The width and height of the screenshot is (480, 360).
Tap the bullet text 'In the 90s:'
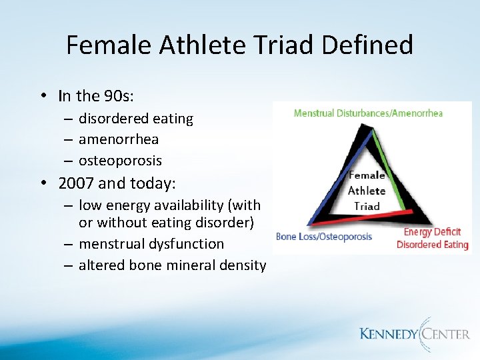tap(96, 96)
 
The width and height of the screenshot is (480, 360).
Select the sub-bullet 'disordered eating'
tap(135, 119)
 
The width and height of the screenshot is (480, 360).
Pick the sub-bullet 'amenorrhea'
tap(118, 139)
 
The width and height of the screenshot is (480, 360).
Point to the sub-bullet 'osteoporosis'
tap(120, 161)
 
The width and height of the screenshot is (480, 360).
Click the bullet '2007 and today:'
tap(116, 183)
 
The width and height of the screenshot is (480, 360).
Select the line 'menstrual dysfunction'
tap(151, 244)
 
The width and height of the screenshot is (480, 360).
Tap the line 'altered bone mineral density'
tap(172, 265)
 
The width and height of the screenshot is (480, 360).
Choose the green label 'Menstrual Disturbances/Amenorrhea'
tap(368, 113)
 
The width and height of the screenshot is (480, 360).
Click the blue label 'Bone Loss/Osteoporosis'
tap(324, 237)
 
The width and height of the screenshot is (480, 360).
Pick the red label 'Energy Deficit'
tap(432, 232)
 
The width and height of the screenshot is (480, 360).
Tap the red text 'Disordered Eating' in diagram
tap(432, 244)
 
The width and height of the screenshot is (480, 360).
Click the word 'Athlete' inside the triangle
tap(367, 191)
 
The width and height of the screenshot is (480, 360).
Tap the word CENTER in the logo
tap(443, 334)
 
